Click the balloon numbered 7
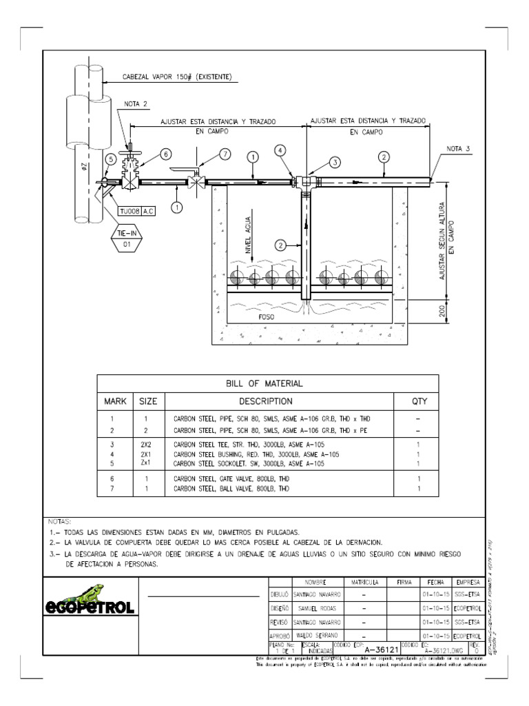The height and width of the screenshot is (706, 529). coord(225,154)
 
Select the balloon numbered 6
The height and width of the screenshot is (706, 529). coord(165,154)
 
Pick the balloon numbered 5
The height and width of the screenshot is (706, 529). coord(110,159)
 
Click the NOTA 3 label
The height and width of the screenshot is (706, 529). coord(458,148)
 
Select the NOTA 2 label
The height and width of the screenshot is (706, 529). coord(136,104)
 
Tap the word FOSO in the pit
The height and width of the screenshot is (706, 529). coord(267,319)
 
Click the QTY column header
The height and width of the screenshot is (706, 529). coord(418,401)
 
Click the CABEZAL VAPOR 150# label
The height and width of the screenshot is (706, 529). coord(177,77)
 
